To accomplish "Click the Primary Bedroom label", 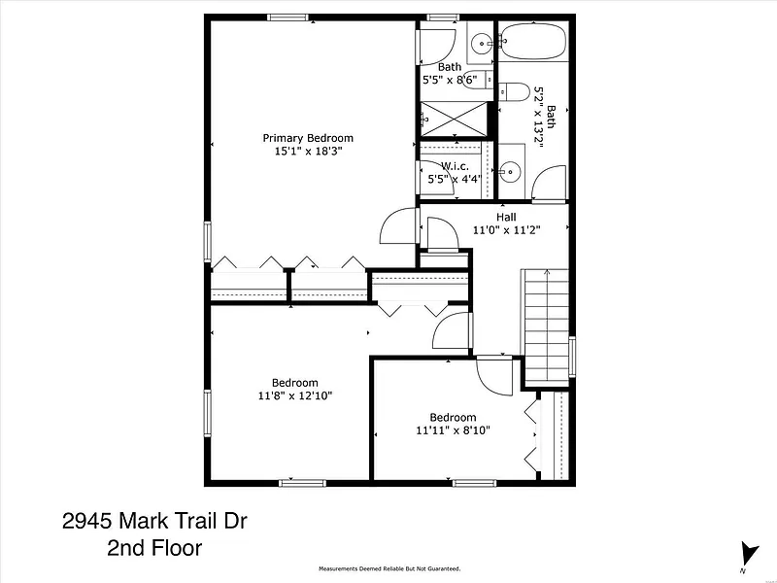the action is tap(308, 138).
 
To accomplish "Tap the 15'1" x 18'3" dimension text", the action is tap(309, 152).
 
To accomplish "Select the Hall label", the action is tap(506, 217).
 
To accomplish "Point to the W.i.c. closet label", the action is tap(455, 166).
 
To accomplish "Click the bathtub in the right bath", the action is tap(532, 41).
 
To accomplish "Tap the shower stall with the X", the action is tap(454, 119).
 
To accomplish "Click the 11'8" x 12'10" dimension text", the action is tap(295, 395).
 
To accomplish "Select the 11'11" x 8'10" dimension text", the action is tap(453, 430).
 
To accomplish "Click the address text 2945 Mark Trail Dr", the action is tap(154, 521).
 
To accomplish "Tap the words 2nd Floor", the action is tap(154, 548).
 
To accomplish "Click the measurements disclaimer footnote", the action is tap(389, 568).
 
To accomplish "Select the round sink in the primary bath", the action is tap(481, 44).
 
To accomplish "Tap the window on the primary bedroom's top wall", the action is tap(287, 17).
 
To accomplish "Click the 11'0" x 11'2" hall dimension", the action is tap(506, 230).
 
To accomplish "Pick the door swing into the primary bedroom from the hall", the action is tap(398, 226).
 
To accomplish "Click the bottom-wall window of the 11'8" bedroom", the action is tap(302, 483).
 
